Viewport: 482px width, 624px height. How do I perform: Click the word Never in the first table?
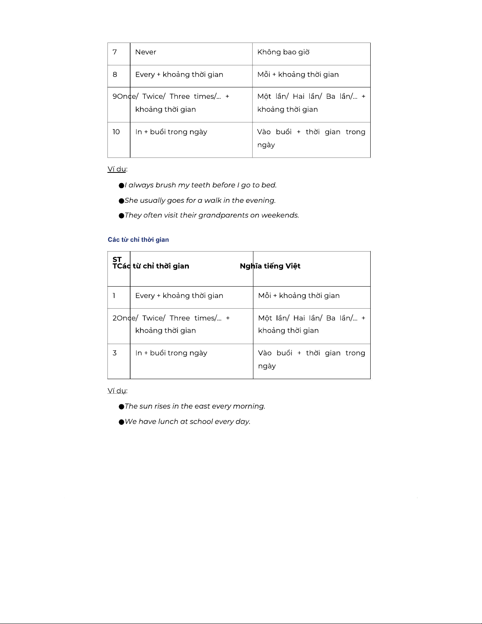coord(146,52)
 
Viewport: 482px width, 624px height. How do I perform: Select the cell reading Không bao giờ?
coord(283,52)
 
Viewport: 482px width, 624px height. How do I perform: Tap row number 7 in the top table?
coord(114,52)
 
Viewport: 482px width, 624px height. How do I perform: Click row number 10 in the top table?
coord(116,132)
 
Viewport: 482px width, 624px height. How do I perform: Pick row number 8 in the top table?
coord(115,74)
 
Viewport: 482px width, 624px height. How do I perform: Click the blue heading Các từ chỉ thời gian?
coord(138,240)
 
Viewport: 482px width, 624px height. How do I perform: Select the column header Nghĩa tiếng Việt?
coord(270,266)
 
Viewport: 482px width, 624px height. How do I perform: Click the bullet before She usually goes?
coord(122,201)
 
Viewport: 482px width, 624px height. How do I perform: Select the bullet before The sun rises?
coord(122,407)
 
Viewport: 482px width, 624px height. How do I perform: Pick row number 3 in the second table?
coord(114,353)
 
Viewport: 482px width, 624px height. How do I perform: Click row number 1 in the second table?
coord(114,296)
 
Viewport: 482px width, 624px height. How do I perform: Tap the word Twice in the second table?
coord(153,318)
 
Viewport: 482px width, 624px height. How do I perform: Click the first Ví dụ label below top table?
coord(117,169)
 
